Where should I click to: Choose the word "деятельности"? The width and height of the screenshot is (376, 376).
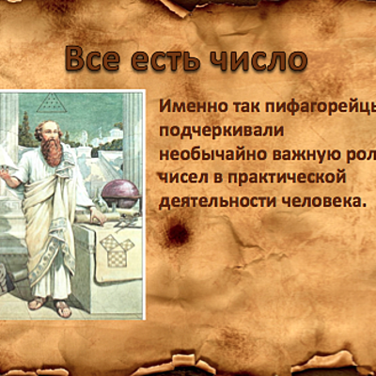[x=214, y=199]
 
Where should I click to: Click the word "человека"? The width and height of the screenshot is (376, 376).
[x=320, y=199]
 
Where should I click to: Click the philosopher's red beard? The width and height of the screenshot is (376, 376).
[x=53, y=150]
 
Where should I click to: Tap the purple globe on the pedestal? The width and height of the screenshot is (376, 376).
[x=120, y=194]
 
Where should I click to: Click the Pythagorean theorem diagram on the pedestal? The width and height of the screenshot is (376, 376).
[x=117, y=249]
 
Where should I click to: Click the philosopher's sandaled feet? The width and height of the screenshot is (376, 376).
[x=50, y=305]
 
